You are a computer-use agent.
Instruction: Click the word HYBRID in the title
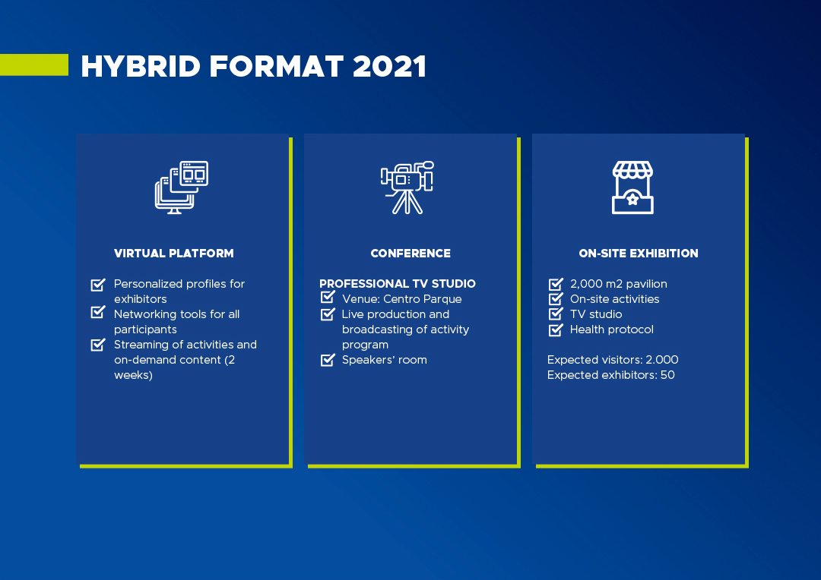click(x=141, y=66)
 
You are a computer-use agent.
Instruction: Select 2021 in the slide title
click(x=389, y=66)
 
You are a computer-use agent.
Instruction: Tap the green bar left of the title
click(x=34, y=65)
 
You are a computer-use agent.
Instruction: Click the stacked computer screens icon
click(x=181, y=188)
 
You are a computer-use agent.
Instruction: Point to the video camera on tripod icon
click(x=407, y=188)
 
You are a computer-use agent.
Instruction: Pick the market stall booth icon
click(x=632, y=188)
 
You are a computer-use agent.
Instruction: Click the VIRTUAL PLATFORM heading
click(x=174, y=253)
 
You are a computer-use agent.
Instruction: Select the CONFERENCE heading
click(x=410, y=253)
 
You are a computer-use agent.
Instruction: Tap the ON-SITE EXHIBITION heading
click(x=639, y=253)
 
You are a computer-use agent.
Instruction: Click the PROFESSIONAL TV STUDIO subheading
click(x=398, y=283)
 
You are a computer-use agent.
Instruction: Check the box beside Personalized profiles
click(x=98, y=285)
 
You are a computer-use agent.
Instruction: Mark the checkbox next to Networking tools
click(x=98, y=312)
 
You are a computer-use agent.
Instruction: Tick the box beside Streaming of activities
click(x=98, y=345)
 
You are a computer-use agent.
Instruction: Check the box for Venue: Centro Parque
click(x=328, y=297)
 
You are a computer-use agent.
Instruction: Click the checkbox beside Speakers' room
click(x=328, y=360)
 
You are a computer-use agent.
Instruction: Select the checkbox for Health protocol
click(x=556, y=330)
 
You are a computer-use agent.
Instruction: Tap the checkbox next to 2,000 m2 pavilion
click(x=556, y=284)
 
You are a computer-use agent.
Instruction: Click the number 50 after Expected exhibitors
click(x=667, y=375)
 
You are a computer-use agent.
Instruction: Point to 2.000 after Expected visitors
click(x=662, y=360)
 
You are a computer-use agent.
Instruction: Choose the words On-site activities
click(x=615, y=299)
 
